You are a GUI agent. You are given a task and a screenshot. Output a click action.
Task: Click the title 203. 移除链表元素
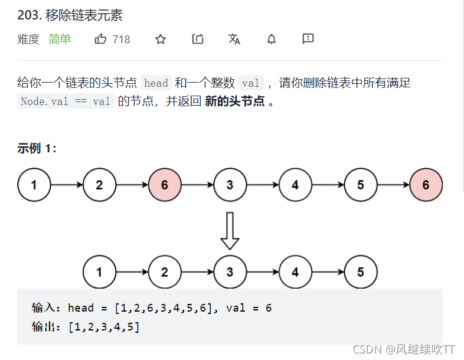point(70,15)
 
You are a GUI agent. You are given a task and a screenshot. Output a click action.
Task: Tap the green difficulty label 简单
point(60,40)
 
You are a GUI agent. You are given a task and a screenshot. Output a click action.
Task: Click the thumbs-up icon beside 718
point(100,40)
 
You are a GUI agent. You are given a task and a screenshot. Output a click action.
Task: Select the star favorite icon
point(161,40)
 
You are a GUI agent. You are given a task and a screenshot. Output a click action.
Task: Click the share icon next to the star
point(198,40)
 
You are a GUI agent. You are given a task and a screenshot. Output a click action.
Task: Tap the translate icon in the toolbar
point(234,40)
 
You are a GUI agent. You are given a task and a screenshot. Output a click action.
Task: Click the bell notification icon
point(272,40)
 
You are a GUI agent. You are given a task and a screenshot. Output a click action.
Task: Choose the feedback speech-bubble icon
point(308,40)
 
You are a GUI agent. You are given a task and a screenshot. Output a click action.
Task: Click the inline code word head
point(156,83)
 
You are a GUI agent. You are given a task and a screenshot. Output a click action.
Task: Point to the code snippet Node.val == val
point(66,102)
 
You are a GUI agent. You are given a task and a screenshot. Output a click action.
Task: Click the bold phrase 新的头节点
point(234,101)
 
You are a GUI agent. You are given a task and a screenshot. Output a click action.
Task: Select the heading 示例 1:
point(37,149)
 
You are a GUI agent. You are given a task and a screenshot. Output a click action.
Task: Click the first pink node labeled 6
point(164,185)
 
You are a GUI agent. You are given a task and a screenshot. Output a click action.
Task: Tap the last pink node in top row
point(426,185)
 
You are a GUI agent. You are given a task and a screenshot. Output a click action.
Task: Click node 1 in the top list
point(34,185)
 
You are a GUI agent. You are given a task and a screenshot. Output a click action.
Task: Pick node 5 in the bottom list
point(360,272)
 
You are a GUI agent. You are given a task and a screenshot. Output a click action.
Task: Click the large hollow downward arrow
point(230,231)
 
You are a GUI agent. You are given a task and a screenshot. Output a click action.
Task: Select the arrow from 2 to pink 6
point(132,185)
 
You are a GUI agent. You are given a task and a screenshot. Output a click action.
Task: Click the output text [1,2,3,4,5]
point(104,326)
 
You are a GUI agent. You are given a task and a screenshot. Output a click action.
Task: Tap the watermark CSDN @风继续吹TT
point(404,349)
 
